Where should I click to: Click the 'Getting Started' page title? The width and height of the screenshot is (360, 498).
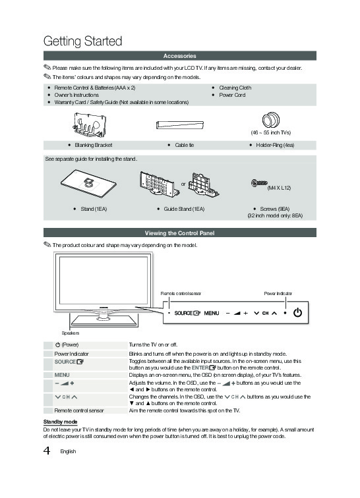pos(82,41)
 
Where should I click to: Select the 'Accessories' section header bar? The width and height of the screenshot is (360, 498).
pos(180,56)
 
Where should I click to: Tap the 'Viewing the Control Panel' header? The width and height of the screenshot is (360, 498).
pos(180,233)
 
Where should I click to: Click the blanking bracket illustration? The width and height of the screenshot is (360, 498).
pos(89,124)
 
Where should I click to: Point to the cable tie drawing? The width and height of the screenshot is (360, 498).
pos(180,124)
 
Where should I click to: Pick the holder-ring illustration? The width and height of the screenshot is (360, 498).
pos(270,120)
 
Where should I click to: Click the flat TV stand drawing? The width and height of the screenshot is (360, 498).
pos(88,184)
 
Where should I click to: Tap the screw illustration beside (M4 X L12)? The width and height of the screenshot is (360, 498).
pos(259,183)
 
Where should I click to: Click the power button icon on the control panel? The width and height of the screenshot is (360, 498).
pos(297,312)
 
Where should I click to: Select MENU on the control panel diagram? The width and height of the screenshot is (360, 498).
pos(212,313)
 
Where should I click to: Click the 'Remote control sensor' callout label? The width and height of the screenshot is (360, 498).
pos(181,294)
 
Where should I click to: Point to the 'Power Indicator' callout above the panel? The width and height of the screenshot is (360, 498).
pos(278,294)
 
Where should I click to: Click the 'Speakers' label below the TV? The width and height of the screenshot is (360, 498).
pos(71,333)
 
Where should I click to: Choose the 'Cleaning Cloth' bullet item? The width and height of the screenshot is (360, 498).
pos(235,88)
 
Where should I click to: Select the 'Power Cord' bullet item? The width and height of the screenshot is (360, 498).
pos(232,95)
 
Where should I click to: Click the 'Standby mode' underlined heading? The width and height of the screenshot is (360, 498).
pos(61,422)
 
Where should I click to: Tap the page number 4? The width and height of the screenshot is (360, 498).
pos(47,451)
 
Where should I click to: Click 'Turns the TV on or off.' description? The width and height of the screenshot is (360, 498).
pos(153,345)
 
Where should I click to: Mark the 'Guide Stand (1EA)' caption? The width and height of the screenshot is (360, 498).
pos(184,209)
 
